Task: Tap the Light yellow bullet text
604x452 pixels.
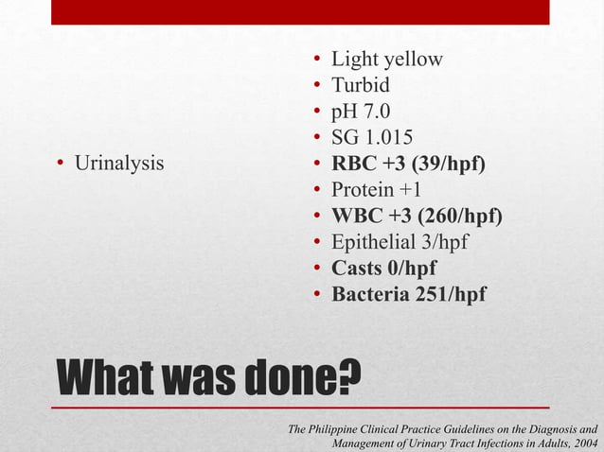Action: pyautogui.click(x=386, y=60)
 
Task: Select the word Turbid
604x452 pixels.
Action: pyautogui.click(x=360, y=86)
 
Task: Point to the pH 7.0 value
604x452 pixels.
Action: pyautogui.click(x=359, y=112)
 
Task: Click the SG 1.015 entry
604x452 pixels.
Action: pyautogui.click(x=371, y=138)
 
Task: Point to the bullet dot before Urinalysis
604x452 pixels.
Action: pyautogui.click(x=60, y=165)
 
